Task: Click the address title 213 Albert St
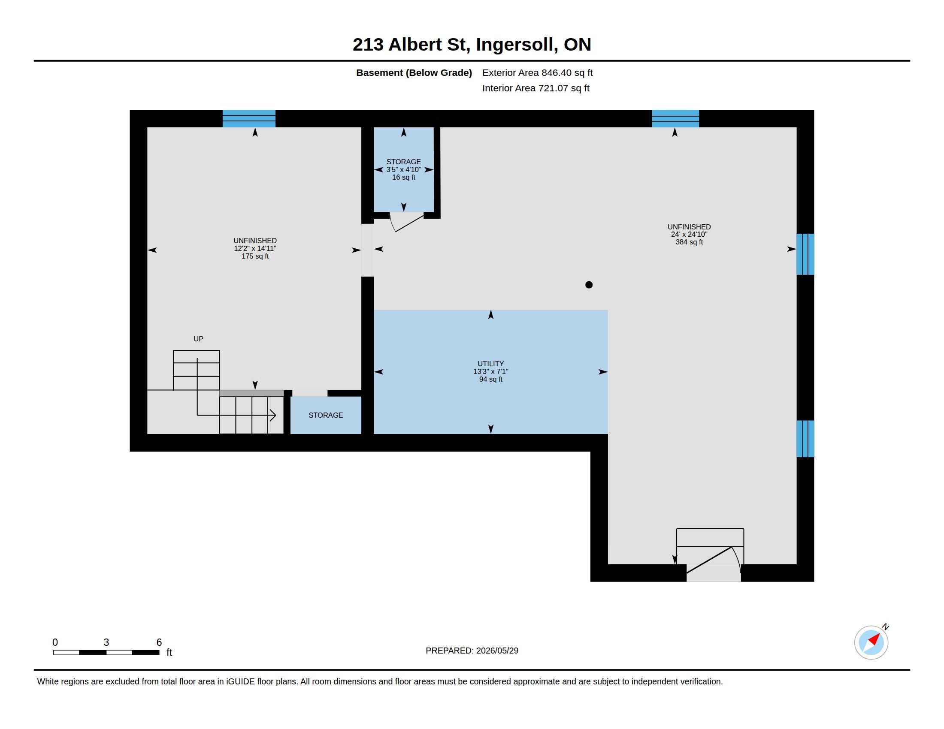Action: coord(411,45)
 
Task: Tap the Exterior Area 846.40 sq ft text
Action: coord(537,72)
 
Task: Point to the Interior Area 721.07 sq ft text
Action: coord(536,88)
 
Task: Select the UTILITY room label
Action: coord(490,364)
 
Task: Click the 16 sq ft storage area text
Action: coord(404,178)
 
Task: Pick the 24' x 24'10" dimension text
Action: coord(689,235)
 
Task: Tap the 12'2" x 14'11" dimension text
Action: coord(255,248)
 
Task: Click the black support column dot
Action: coord(589,285)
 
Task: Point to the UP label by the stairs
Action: coord(198,339)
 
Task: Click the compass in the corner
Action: coord(871,642)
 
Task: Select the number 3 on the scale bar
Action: coord(106,642)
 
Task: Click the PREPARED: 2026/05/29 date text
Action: coord(472,651)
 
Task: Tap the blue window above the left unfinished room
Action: coord(249,118)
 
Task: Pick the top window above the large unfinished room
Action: coord(675,118)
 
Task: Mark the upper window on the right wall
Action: coord(805,254)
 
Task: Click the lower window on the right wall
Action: coord(805,439)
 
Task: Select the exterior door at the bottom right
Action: coord(713,561)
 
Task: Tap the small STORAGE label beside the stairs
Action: coord(326,415)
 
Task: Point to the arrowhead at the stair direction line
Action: coord(273,416)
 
